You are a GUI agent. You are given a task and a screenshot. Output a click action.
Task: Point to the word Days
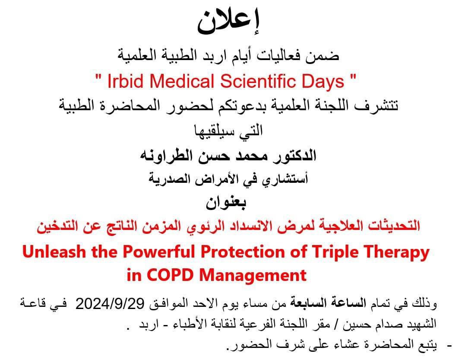pyautogui.click(x=323, y=82)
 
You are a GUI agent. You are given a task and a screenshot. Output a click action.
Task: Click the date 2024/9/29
pyautogui.click(x=110, y=304)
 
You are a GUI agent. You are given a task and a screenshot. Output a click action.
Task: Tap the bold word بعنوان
pyautogui.click(x=226, y=202)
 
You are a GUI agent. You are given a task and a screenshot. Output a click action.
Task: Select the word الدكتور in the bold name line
pyautogui.click(x=294, y=156)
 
